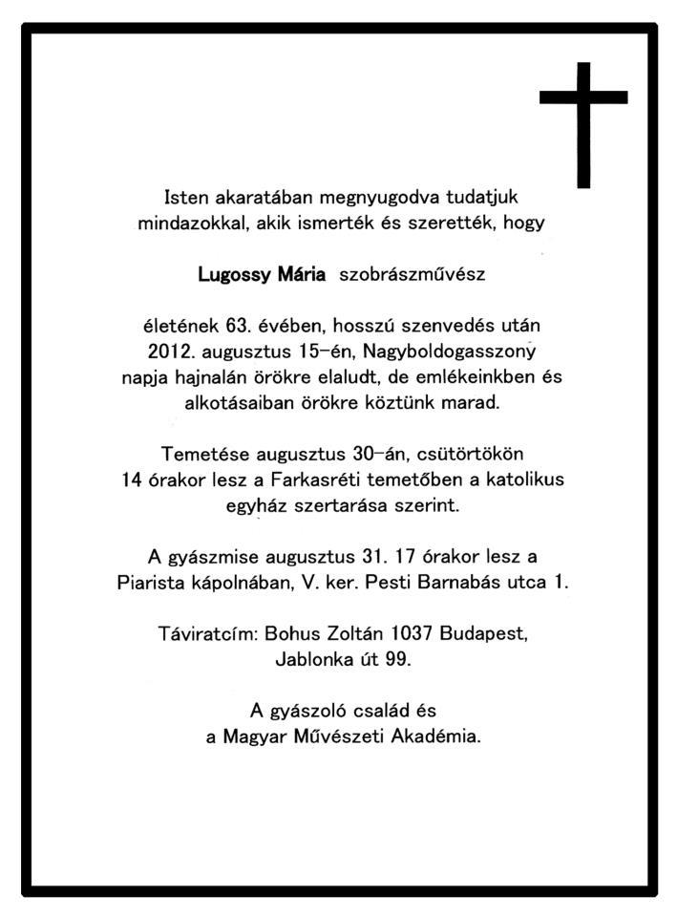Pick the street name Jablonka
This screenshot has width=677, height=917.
click(x=313, y=658)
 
